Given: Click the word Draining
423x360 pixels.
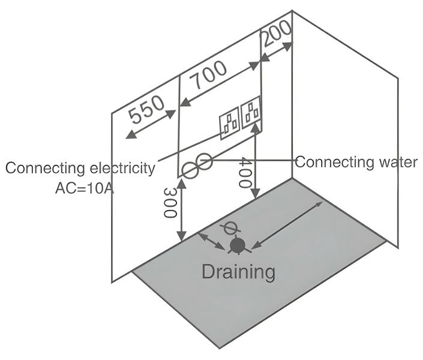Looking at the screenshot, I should pyautogui.click(x=238, y=271).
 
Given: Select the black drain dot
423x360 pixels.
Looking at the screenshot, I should pyautogui.click(x=238, y=245).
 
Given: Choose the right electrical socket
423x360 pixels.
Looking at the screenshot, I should pyautogui.click(x=251, y=110).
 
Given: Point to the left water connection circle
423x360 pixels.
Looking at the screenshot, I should pyautogui.click(x=190, y=171).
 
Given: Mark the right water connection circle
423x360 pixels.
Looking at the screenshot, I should pyautogui.click(x=204, y=161).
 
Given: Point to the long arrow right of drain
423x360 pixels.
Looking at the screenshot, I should pyautogui.click(x=289, y=224).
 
